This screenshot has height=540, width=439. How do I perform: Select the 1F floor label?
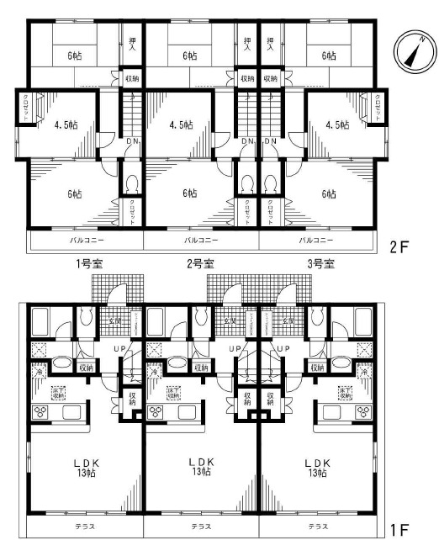point(399,530)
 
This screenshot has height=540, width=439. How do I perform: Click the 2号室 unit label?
point(199,263)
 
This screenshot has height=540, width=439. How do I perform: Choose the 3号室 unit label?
point(320,263)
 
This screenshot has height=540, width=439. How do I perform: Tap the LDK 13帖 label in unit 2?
point(199,467)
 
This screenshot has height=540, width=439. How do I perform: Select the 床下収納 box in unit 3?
point(345,392)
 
